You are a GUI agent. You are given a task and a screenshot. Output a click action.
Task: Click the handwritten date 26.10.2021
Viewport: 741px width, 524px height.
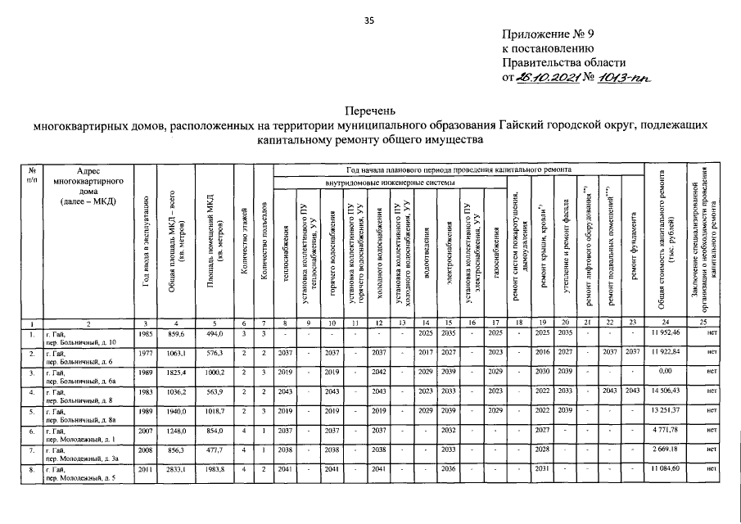pos(546,76)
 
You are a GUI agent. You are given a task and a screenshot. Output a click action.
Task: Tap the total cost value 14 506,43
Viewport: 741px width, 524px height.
pos(666,391)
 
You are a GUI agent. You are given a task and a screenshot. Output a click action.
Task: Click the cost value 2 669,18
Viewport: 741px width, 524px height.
pos(666,449)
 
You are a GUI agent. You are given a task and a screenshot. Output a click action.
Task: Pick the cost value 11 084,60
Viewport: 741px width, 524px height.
pos(666,468)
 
